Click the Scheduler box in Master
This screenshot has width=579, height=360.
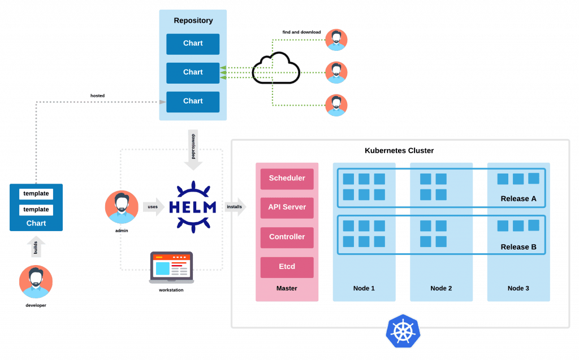click(287, 179)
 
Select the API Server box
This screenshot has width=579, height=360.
click(287, 207)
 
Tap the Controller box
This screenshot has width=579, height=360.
click(287, 237)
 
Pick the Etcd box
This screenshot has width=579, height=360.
click(287, 267)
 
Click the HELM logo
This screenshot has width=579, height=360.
click(193, 207)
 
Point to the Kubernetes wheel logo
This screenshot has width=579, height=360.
click(403, 331)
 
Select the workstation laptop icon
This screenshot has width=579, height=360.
click(171, 268)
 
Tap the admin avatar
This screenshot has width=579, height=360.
click(122, 207)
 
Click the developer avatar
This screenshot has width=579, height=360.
click(36, 281)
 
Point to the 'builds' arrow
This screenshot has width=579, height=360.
click(36, 246)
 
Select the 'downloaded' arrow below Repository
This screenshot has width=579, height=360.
click(193, 150)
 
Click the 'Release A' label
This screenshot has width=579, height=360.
click(518, 198)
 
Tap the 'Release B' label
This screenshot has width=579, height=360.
click(518, 247)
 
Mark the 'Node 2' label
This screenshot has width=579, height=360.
click(441, 288)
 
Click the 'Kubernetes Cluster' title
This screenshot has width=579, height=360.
click(399, 151)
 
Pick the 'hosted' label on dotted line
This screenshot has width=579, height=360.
click(97, 96)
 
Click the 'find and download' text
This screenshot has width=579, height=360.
click(302, 32)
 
